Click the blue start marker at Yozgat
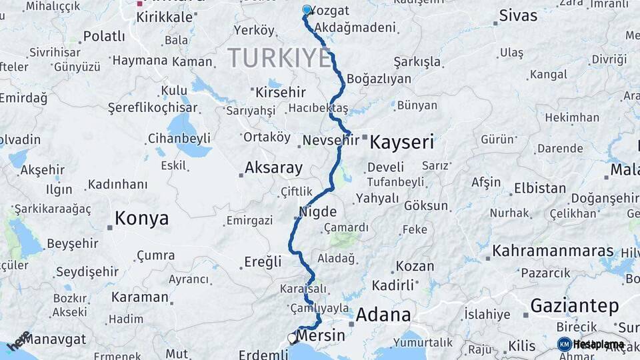pos(307,10)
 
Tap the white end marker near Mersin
pos(292,339)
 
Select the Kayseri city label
pos(401,142)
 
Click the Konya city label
pos(141,219)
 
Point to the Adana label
pos(383,315)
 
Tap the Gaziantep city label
pos(574,306)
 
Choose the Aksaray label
pos(273,168)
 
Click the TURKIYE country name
pos(279,59)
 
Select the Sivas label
pos(518,16)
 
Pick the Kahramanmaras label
pos(553,251)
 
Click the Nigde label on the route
pos(317,212)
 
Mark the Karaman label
pos(140,297)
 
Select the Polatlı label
pos(104,36)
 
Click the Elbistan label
pos(540,188)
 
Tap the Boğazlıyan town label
pos(379,79)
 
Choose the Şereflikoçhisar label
pos(153,107)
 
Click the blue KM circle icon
pos(564,344)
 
